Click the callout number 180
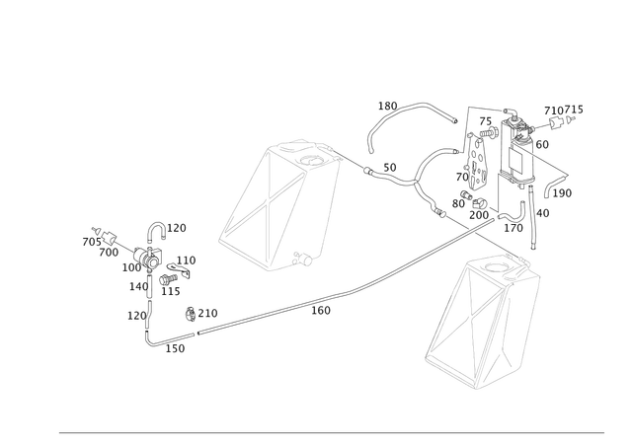pyautogui.click(x=387, y=106)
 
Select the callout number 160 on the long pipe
pyautogui.click(x=321, y=311)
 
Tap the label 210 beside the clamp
pyautogui.click(x=208, y=313)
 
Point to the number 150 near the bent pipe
pyautogui.click(x=176, y=348)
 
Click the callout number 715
pyautogui.click(x=574, y=110)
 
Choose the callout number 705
pyautogui.click(x=92, y=242)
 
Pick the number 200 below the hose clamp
pyautogui.click(x=479, y=215)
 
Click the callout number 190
pyautogui.click(x=562, y=193)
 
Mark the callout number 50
pyautogui.click(x=390, y=167)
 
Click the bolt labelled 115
pyautogui.click(x=169, y=278)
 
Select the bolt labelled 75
pyautogui.click(x=488, y=132)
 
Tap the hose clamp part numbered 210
pyautogui.click(x=191, y=314)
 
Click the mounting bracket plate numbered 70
pyautogui.click(x=477, y=162)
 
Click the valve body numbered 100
pyautogui.click(x=147, y=258)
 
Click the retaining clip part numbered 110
pyautogui.click(x=180, y=269)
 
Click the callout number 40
pyautogui.click(x=543, y=213)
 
